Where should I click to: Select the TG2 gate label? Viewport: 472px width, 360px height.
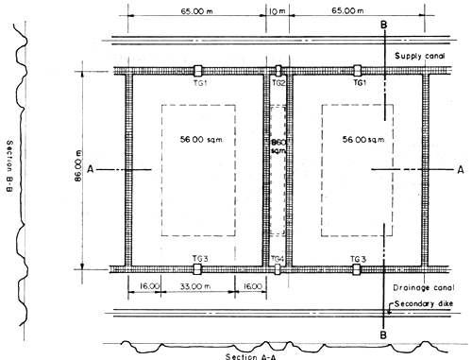pos(278,83)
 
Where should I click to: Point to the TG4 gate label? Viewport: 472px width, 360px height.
pos(277,258)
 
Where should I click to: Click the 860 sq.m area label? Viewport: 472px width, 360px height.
pos(278,147)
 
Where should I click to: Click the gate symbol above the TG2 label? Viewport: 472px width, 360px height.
pos(278,71)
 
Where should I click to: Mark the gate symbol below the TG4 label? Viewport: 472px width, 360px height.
pos(278,269)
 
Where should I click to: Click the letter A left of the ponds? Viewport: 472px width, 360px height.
pos(88,170)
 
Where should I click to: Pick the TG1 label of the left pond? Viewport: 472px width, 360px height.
pos(196,83)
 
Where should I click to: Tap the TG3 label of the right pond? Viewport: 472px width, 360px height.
pos(357,258)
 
